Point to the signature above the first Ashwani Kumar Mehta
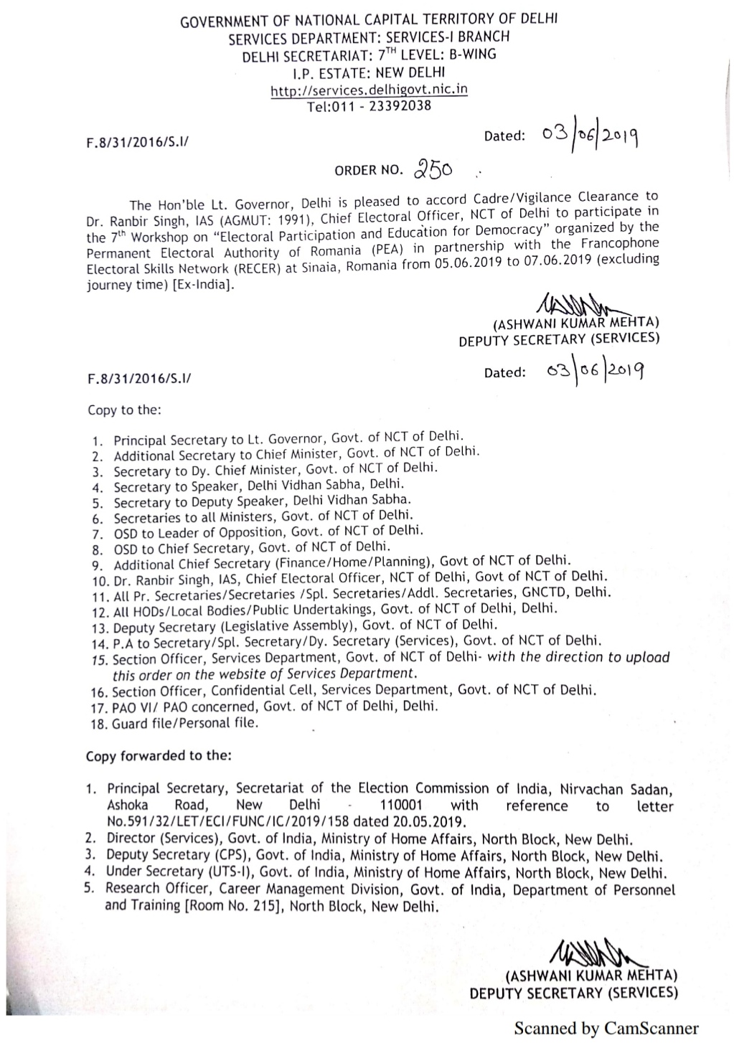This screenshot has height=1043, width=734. pos(575,305)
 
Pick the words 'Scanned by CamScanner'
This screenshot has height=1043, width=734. pos(606,1028)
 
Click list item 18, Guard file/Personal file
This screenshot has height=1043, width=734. pos(184,723)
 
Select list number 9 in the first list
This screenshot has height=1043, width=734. pos(98,565)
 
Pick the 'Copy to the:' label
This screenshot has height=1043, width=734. pos(124,410)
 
